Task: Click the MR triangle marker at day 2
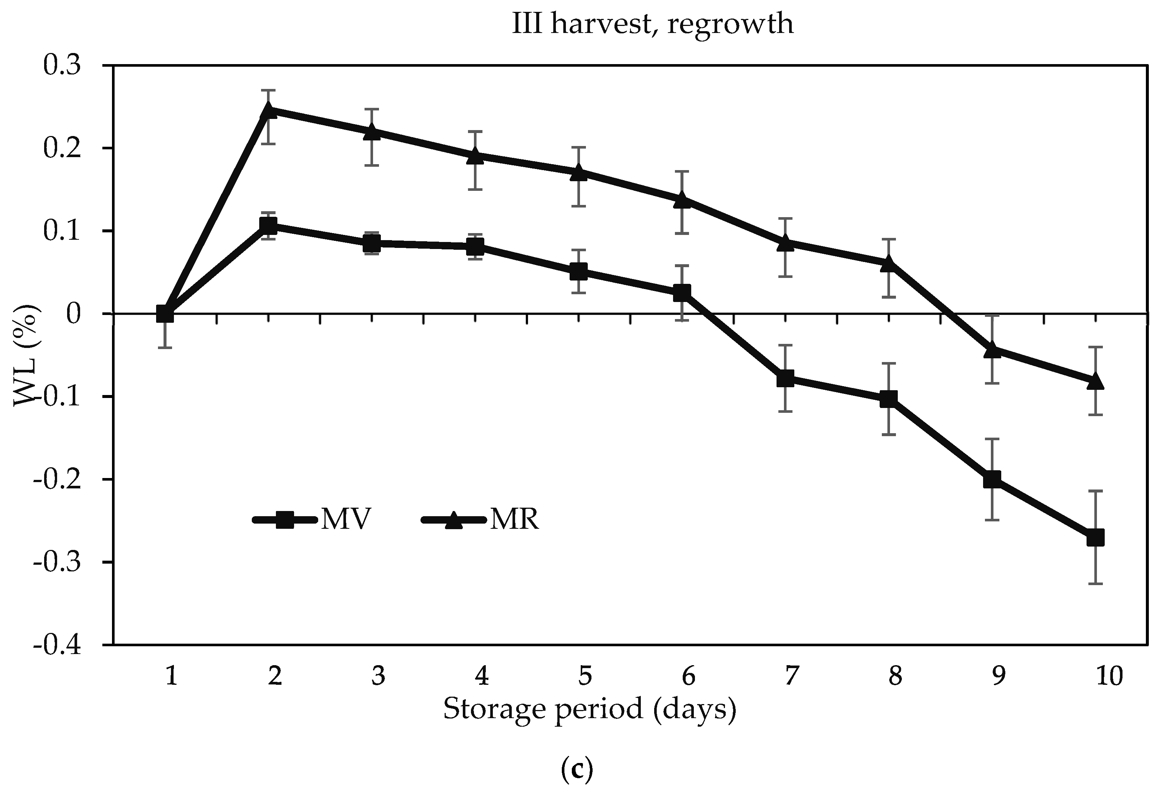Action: point(269,110)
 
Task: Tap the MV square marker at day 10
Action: point(1095,538)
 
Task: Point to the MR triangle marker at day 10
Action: point(1095,382)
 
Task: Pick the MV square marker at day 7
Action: point(785,378)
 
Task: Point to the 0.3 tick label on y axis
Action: point(62,66)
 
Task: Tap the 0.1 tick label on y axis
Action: point(62,232)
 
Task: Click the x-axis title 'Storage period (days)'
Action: point(590,709)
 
